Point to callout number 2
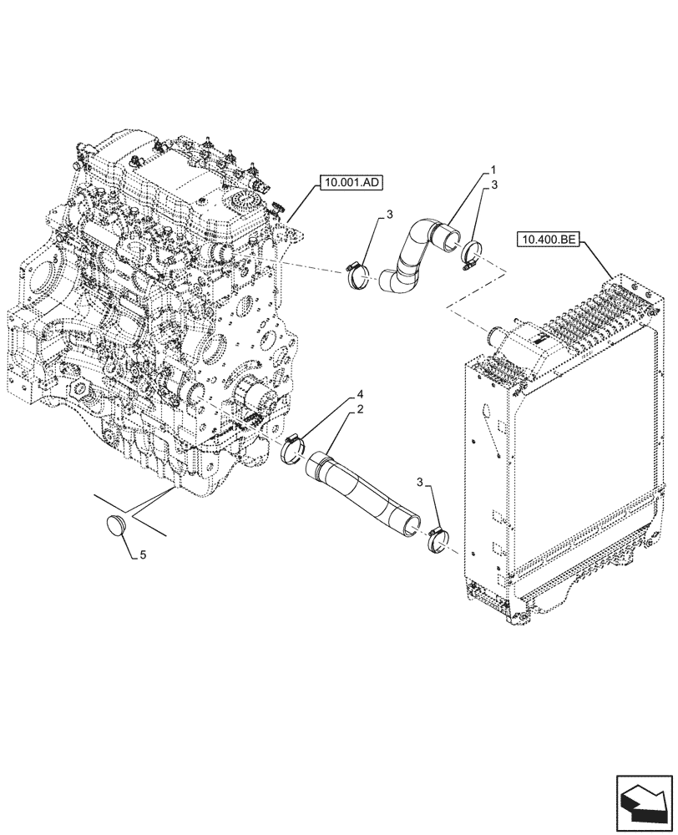359,409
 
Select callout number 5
140,554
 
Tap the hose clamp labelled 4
298,451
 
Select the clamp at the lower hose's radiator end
438,539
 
